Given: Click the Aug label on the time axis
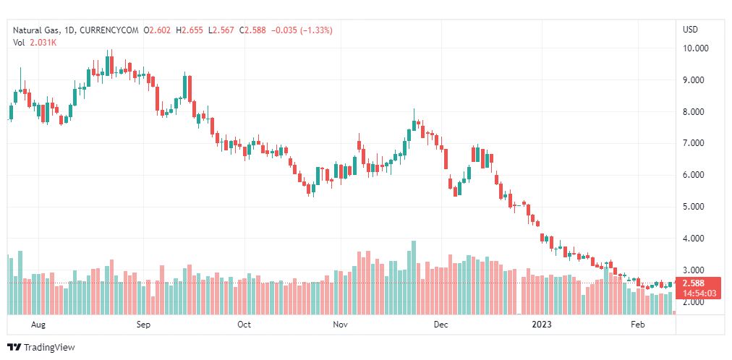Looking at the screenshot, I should click(x=39, y=325).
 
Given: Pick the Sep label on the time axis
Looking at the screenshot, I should click(x=142, y=325).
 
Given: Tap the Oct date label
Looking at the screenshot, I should click(x=244, y=325).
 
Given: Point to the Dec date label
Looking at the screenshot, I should click(x=441, y=325).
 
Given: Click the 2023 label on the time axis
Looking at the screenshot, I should click(x=542, y=325).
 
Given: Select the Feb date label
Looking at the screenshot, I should click(x=637, y=325).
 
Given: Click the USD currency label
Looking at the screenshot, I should click(x=690, y=30).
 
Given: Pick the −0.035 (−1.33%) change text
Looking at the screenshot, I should click(x=302, y=30).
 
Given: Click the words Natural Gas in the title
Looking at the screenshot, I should click(x=34, y=30).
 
